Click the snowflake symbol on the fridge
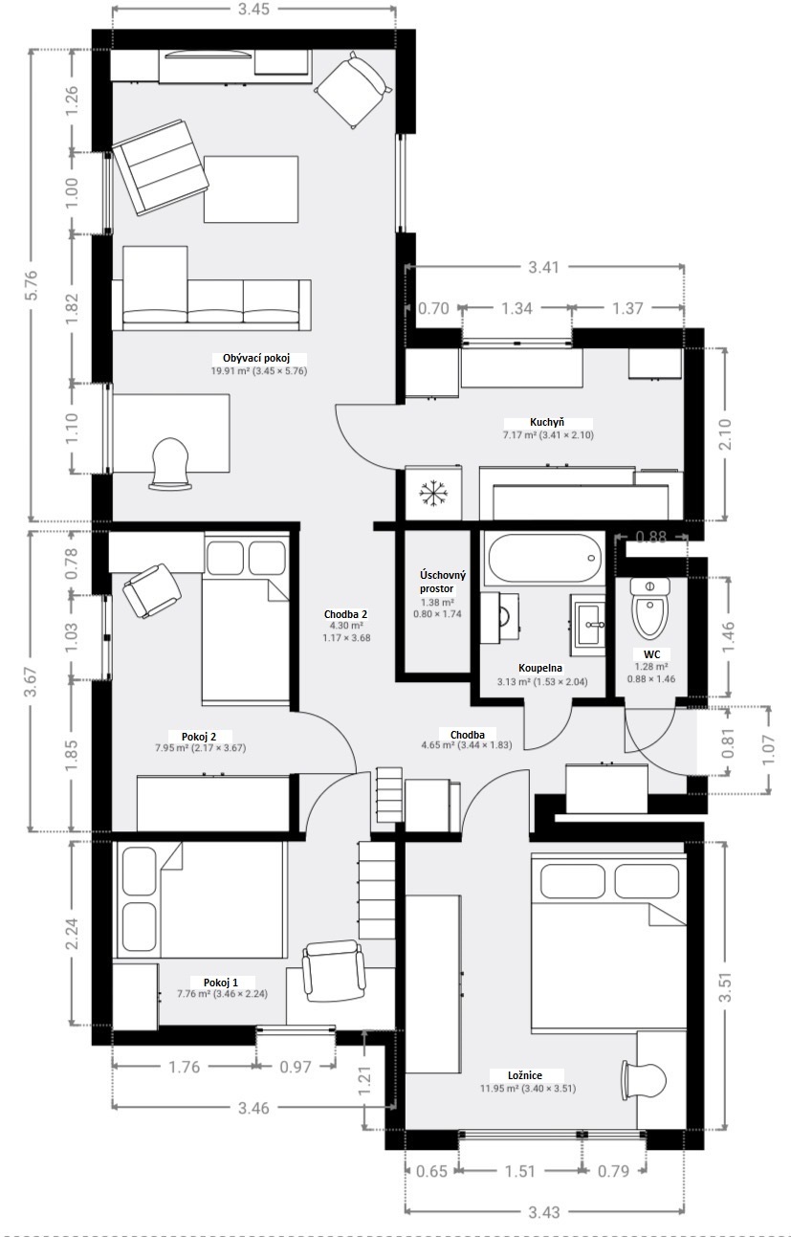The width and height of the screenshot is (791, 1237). pos(432,493)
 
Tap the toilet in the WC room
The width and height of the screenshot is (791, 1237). pos(649,607)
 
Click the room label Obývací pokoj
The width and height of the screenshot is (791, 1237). pos(256,358)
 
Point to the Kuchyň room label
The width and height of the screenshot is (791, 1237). pos(547,423)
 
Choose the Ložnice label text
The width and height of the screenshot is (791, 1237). pos(525,1075)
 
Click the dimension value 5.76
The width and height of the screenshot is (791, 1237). pos(32,285)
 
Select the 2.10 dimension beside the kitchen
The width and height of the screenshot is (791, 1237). pos(725,434)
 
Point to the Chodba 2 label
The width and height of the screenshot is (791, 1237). pos(345,614)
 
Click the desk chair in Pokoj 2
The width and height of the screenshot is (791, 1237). pos(152,590)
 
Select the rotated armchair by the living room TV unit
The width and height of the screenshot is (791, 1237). pos(354,91)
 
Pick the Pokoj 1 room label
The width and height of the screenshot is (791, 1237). pos(221,983)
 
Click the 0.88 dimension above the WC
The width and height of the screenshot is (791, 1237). pos(650,537)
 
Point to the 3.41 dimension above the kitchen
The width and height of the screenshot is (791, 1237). pos(543,267)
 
